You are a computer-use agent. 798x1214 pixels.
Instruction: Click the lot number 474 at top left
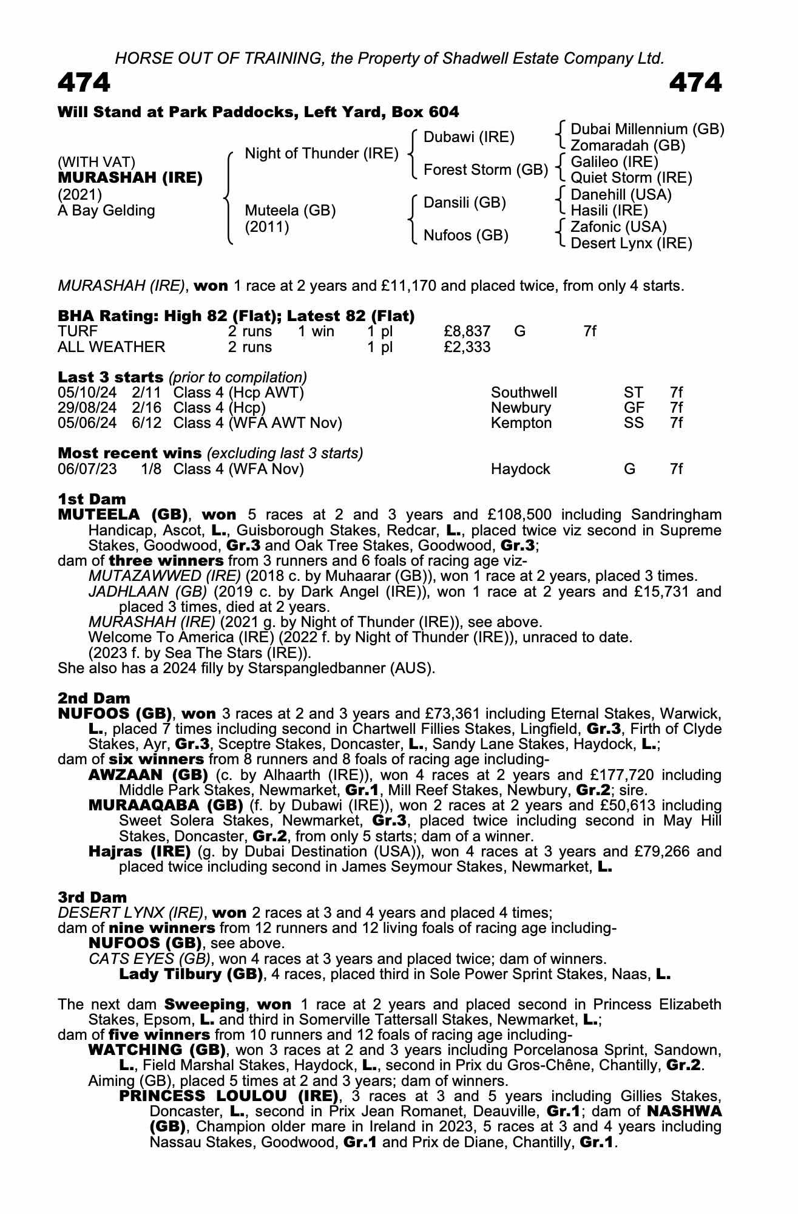pyautogui.click(x=84, y=83)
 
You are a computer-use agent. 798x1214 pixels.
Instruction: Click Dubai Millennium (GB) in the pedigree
pyautogui.click(x=647, y=129)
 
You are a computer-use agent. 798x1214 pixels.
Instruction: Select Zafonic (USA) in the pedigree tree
pyautogui.click(x=618, y=227)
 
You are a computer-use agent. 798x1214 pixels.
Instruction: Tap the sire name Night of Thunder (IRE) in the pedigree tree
pyautogui.click(x=321, y=154)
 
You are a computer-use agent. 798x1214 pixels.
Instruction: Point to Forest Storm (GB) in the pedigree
pyautogui.click(x=485, y=170)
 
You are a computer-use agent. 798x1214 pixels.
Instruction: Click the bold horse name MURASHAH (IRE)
pyautogui.click(x=130, y=178)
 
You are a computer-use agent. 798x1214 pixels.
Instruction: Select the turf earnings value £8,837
pyautogui.click(x=467, y=331)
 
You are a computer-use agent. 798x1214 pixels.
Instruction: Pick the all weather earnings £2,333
pyautogui.click(x=467, y=347)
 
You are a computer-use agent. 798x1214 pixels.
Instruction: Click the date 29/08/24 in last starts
pyautogui.click(x=87, y=408)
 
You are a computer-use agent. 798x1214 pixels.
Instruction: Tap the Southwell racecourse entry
pyautogui.click(x=524, y=393)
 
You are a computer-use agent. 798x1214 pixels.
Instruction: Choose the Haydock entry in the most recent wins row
pyautogui.click(x=520, y=469)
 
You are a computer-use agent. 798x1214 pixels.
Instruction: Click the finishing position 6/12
pyautogui.click(x=147, y=423)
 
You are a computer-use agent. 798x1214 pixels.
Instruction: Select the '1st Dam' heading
pyautogui.click(x=92, y=500)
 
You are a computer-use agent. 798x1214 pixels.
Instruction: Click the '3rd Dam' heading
pyautogui.click(x=92, y=897)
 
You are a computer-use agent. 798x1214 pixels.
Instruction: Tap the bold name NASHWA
pyautogui.click(x=685, y=1112)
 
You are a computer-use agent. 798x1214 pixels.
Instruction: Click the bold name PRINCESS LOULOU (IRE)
pyautogui.click(x=228, y=1096)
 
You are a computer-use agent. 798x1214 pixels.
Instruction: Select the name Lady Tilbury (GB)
pyautogui.click(x=191, y=974)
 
